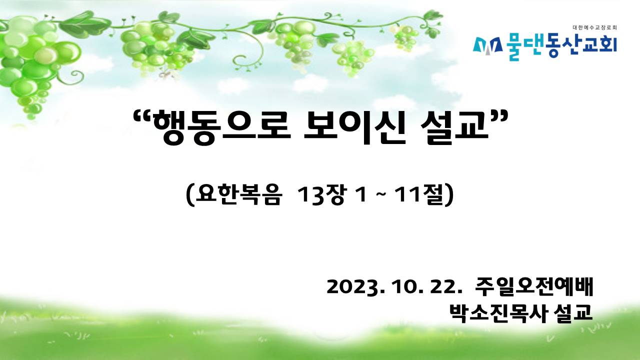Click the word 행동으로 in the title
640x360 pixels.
click(x=221, y=127)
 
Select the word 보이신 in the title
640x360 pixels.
click(x=354, y=127)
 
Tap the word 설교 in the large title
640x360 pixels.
click(x=454, y=127)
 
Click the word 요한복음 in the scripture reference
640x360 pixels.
click(x=237, y=195)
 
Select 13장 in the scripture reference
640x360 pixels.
click(x=322, y=195)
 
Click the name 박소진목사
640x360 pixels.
click(x=498, y=313)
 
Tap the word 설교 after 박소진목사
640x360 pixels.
click(x=573, y=313)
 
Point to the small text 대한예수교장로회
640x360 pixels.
click(x=595, y=27)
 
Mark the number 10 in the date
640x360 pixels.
click(x=403, y=286)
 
